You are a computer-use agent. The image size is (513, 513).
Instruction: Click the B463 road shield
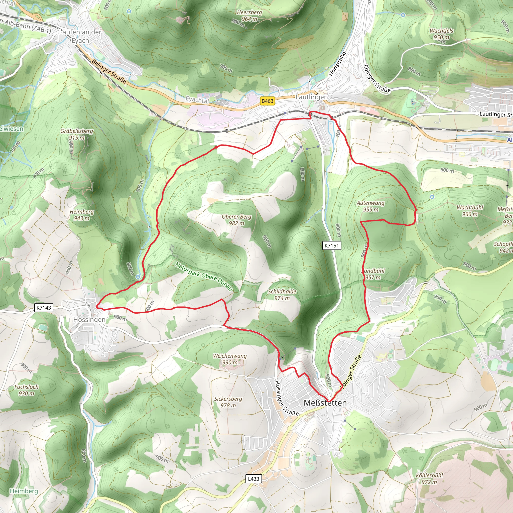(x=267, y=101)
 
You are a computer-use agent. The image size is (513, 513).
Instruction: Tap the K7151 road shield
(x=332, y=245)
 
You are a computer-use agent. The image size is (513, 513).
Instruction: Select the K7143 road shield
(x=44, y=308)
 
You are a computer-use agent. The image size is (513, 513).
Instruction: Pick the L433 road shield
(x=253, y=479)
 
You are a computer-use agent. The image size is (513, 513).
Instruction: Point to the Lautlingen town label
(x=311, y=97)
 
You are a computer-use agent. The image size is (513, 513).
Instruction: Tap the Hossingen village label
(x=89, y=320)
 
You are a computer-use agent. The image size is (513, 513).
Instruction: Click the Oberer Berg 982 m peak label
(x=236, y=220)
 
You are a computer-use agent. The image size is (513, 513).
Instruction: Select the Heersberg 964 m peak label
(x=249, y=16)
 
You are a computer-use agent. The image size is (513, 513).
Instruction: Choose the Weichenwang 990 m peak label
(x=230, y=359)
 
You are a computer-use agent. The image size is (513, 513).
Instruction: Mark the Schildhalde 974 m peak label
(x=282, y=295)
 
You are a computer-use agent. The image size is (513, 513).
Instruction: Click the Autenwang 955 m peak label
(x=371, y=206)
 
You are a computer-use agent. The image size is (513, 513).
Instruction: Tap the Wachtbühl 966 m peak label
(x=470, y=211)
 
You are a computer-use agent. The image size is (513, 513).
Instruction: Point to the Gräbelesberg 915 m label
(x=77, y=134)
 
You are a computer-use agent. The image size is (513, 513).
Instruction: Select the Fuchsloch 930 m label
(x=27, y=390)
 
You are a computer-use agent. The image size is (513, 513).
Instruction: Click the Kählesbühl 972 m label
(x=429, y=478)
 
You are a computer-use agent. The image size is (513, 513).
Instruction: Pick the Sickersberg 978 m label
(x=228, y=402)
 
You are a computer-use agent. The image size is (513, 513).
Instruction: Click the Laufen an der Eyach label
(x=80, y=36)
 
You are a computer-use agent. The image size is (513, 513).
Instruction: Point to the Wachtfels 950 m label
(x=442, y=34)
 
